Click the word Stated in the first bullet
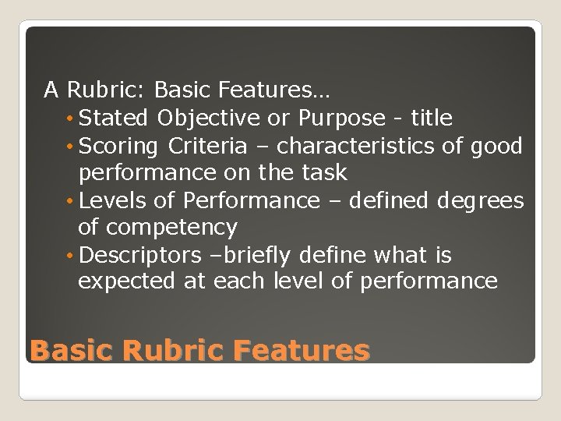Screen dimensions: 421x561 (x=115, y=119)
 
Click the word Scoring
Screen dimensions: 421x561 (x=119, y=146)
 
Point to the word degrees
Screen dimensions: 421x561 (x=481, y=200)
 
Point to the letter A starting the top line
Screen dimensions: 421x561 (x=51, y=91)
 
